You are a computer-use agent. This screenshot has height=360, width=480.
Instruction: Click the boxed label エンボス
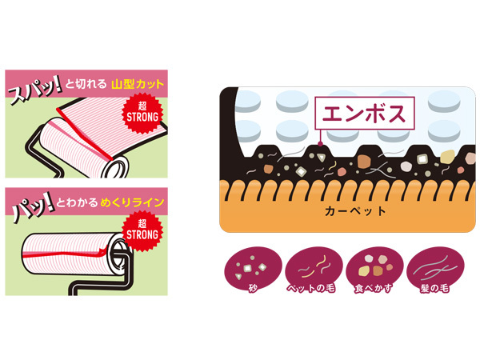(365, 114)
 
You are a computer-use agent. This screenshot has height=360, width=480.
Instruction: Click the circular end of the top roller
(111, 166)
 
